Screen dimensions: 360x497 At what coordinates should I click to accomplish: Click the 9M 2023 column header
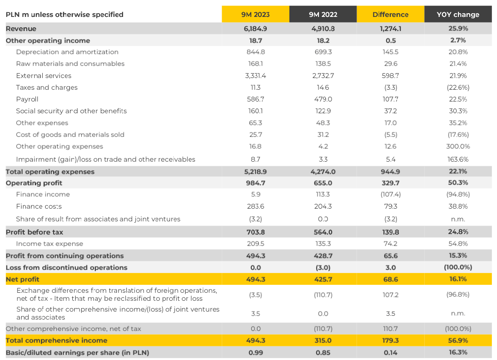tap(256, 15)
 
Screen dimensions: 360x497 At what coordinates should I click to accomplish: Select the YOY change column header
tap(458, 15)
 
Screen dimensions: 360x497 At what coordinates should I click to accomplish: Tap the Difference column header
tap(390, 15)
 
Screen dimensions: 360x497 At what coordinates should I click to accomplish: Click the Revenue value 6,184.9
tap(256, 29)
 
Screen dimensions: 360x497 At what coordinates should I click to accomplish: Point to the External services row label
tap(44, 76)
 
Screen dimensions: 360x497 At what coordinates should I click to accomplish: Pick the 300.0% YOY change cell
tap(458, 146)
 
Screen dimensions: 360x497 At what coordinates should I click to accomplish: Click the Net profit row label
tap(21, 279)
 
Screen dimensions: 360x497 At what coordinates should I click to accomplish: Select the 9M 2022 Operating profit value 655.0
tap(323, 183)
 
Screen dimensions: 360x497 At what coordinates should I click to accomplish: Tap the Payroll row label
tap(27, 99)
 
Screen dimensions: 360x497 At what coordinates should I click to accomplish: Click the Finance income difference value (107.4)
tap(390, 195)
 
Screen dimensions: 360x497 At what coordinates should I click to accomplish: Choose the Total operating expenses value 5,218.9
tap(256, 172)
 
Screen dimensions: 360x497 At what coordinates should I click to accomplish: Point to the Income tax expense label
tap(49, 244)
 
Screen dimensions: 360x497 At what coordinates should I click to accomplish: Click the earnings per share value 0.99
tap(256, 352)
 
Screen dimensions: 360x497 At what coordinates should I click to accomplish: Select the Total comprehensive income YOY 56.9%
tap(458, 340)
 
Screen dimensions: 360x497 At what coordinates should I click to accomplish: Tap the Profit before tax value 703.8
tap(256, 232)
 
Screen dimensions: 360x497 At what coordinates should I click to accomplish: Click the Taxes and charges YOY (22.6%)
tap(458, 87)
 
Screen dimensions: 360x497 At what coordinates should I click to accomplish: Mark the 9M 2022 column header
tap(323, 15)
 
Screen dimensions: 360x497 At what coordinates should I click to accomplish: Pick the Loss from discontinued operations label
tap(66, 267)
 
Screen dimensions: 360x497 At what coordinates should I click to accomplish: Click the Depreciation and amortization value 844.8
tap(256, 52)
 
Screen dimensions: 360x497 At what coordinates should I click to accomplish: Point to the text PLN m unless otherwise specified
tap(64, 15)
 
